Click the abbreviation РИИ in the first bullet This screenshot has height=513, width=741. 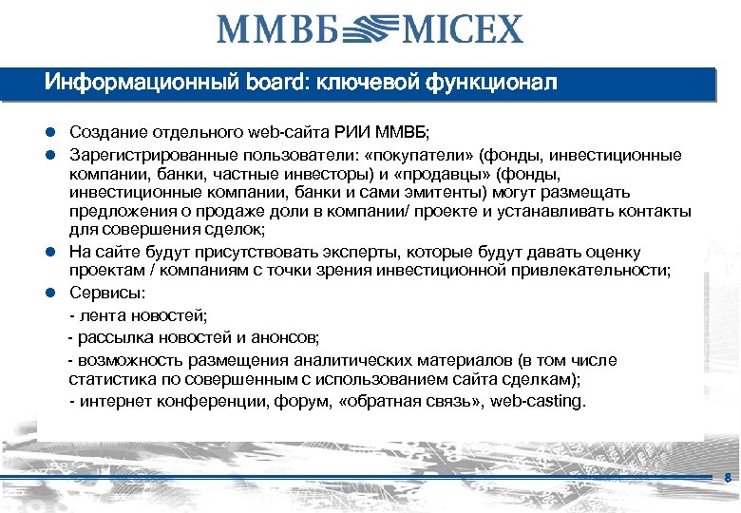coord(352,130)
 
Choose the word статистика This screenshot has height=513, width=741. coord(113,379)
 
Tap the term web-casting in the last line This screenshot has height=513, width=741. coord(538,401)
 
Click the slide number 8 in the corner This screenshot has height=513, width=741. coord(727,477)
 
